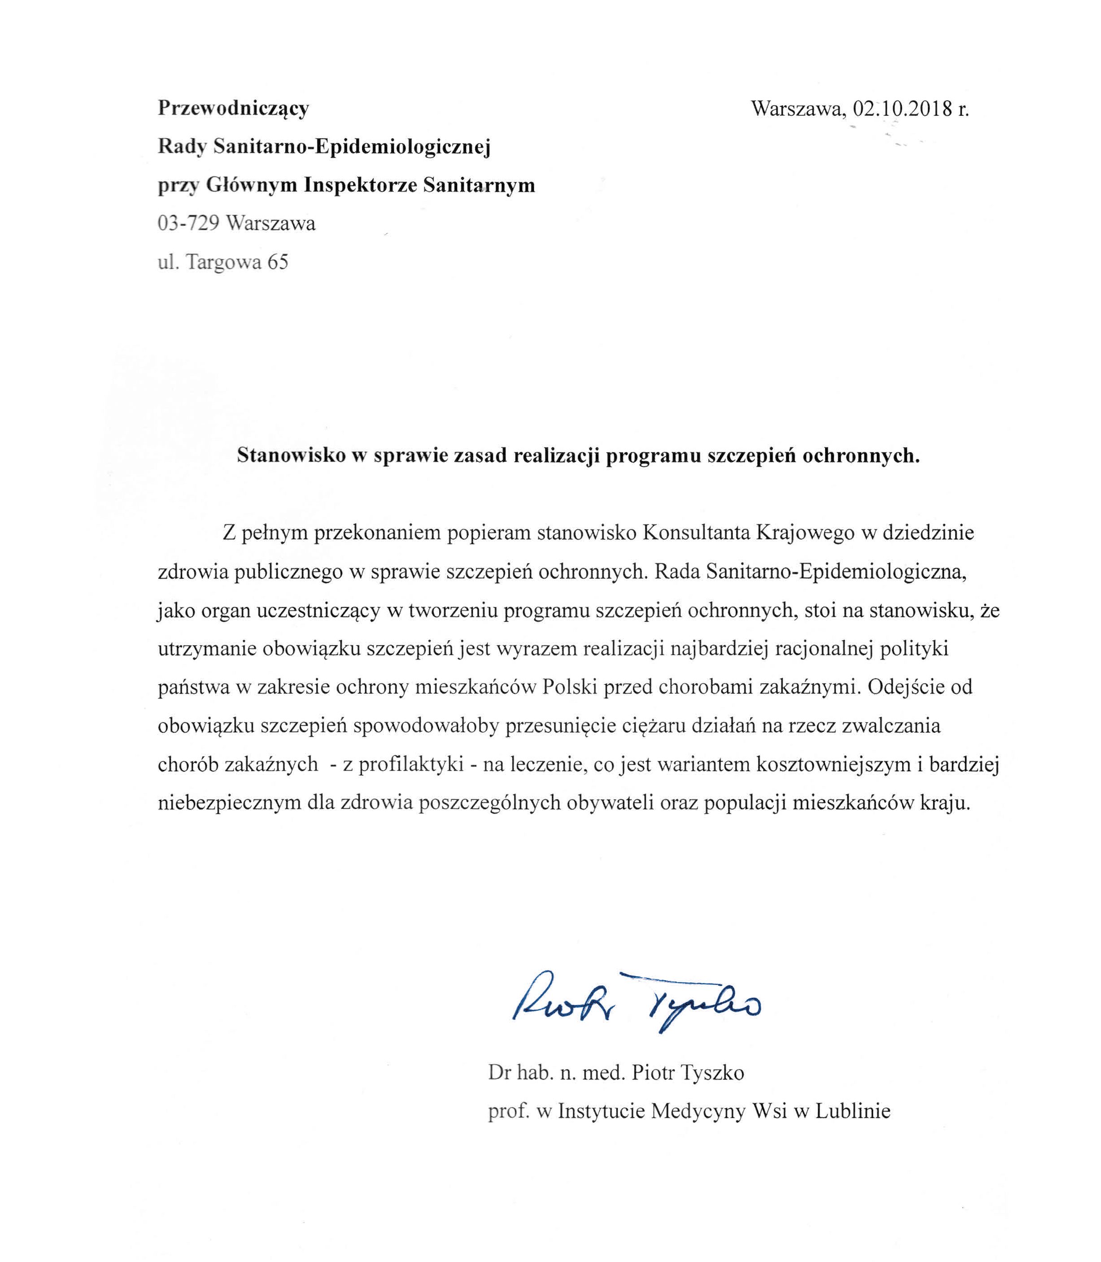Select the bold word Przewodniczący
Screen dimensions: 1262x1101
click(x=233, y=109)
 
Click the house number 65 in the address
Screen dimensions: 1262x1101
click(x=277, y=262)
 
